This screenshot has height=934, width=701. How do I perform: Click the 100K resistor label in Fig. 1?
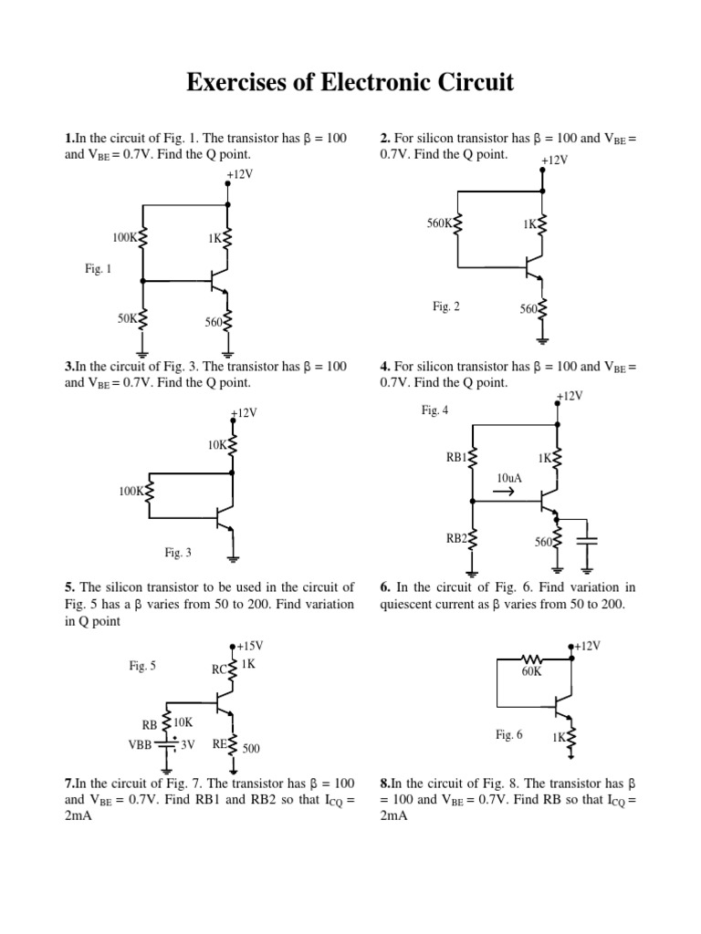123,237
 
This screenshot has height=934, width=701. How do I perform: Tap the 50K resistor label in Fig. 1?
127,318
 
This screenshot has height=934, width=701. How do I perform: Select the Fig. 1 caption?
97,269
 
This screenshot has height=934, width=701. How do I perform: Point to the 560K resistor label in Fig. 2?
439,223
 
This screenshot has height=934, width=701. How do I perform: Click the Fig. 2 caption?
446,306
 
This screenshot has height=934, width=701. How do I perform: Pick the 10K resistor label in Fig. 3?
217,445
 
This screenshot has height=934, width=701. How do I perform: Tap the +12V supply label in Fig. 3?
245,413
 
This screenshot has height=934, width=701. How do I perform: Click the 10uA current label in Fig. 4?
509,478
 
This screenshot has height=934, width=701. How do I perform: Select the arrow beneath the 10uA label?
504,493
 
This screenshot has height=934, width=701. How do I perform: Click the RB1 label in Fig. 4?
456,458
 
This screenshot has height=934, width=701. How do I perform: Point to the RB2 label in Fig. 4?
456,539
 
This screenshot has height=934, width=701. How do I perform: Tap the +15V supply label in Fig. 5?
249,646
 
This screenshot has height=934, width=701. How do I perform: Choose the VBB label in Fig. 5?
141,743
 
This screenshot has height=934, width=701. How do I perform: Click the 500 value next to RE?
251,748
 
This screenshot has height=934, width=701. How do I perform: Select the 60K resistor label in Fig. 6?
531,672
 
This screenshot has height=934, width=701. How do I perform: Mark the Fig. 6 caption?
508,734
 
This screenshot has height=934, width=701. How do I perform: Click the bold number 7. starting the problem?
69,783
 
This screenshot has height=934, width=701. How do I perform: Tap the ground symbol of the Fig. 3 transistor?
234,558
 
